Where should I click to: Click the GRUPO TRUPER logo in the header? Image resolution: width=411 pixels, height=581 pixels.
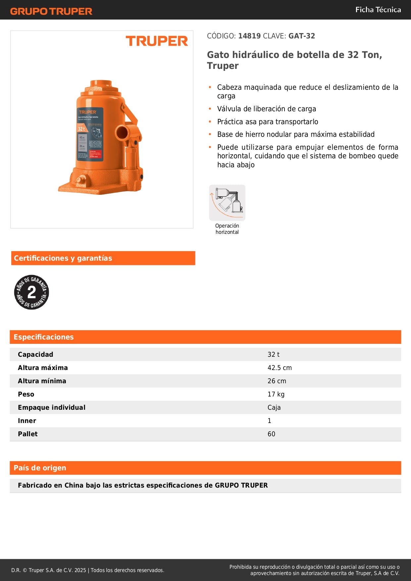[x=51, y=11]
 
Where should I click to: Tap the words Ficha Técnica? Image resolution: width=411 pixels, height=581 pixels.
[x=378, y=10]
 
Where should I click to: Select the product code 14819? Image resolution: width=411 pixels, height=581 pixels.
[x=249, y=36]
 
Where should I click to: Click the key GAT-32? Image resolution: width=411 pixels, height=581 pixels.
[x=301, y=36]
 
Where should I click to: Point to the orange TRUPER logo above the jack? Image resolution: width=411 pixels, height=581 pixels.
[x=157, y=41]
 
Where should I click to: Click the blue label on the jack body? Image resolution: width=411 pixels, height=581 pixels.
[x=90, y=134]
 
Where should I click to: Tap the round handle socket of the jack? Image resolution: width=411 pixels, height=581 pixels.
[x=122, y=133]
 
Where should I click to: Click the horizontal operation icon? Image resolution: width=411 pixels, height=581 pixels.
[x=227, y=202]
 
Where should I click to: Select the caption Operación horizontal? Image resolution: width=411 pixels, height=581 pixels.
[x=227, y=229]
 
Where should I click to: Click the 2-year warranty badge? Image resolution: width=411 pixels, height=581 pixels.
[x=31, y=292]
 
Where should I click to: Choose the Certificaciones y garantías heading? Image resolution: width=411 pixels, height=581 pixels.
[x=63, y=258]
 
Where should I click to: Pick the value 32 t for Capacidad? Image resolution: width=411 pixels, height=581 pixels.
[x=273, y=354]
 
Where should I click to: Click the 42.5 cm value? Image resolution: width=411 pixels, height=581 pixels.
[x=280, y=368]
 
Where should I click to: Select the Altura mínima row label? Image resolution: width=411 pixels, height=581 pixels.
[x=42, y=381]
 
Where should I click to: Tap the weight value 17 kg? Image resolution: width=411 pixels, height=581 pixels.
[x=276, y=394]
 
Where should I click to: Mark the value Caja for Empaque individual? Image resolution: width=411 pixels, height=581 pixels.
[x=274, y=407]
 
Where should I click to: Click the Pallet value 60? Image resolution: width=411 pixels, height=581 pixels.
[x=271, y=434]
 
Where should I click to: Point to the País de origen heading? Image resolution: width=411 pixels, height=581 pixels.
[x=40, y=468]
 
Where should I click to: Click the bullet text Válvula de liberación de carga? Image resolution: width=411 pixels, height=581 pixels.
[x=267, y=109]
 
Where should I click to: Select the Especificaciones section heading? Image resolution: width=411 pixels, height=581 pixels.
[x=44, y=337]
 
